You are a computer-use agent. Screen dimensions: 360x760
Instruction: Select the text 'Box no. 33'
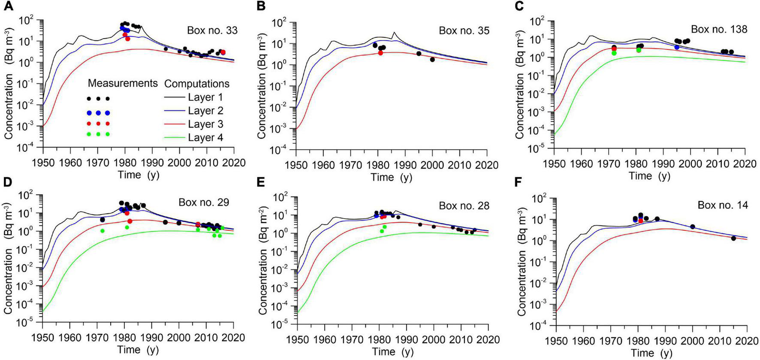click(212, 31)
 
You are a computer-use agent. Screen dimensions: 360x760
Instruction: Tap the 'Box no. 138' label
click(719, 29)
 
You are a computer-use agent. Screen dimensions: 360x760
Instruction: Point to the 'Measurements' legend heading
click(123, 83)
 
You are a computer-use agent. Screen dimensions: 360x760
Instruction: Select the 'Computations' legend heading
click(197, 83)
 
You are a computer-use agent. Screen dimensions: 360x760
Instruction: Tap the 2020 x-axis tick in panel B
click(487, 165)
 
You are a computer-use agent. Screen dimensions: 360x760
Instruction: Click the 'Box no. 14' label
click(723, 205)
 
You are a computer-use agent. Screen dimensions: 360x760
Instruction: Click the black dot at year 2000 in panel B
click(432, 60)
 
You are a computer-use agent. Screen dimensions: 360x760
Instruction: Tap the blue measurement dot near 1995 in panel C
click(677, 47)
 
